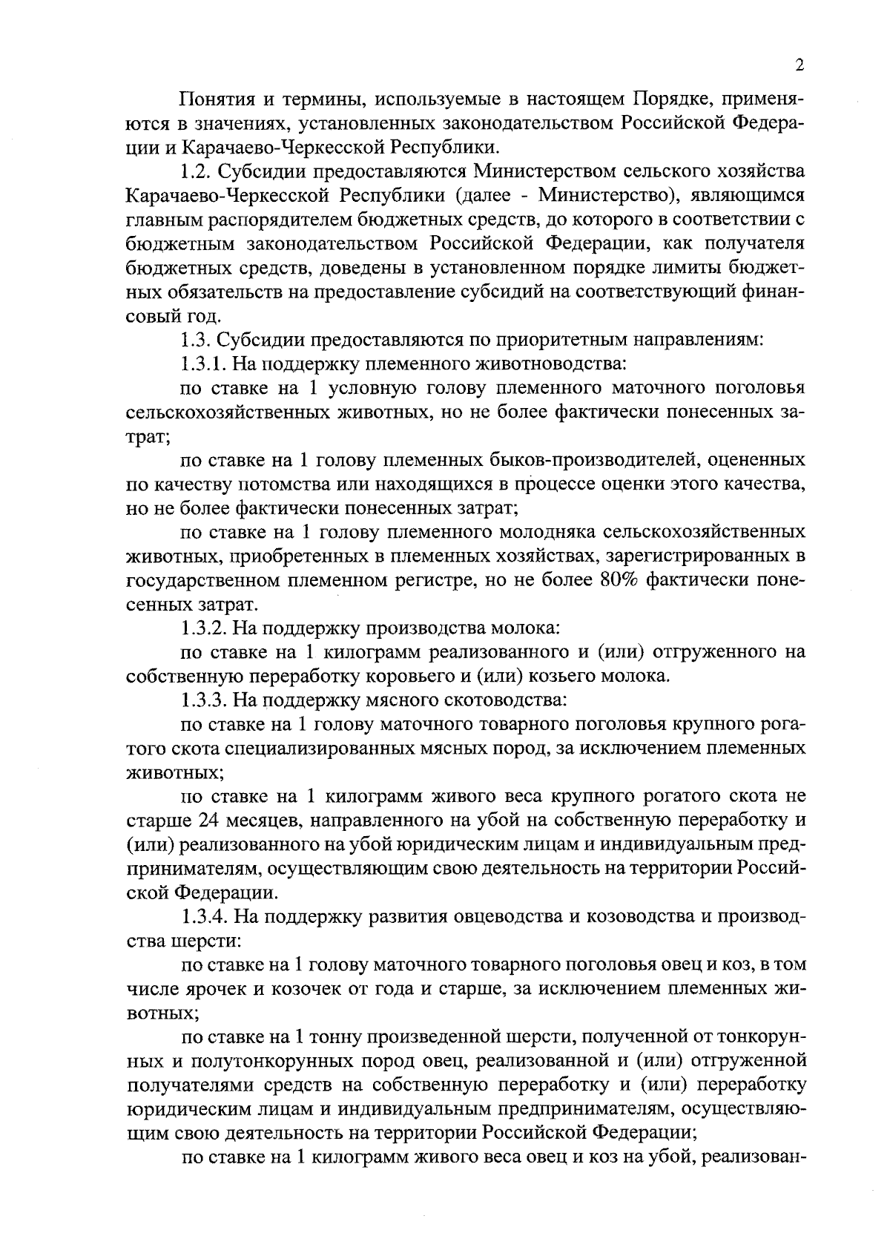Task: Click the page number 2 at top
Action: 799,66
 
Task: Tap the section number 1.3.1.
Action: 204,364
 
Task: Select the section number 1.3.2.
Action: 204,628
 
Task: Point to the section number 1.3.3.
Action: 204,700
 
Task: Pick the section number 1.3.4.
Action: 204,917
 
